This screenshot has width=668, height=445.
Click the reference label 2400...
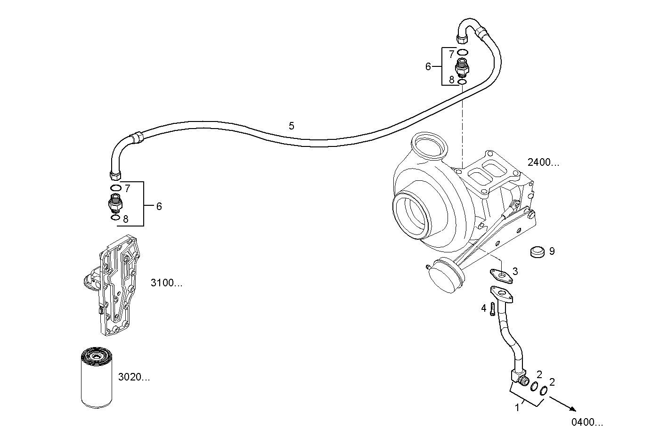pyautogui.click(x=543, y=163)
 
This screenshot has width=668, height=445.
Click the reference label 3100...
pyautogui.click(x=166, y=283)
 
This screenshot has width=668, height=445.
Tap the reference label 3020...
pyautogui.click(x=133, y=377)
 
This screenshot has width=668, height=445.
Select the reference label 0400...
pyautogui.click(x=587, y=422)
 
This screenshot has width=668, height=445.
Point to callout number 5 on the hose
pyautogui.click(x=291, y=126)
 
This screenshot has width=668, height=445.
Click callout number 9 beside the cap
pyautogui.click(x=552, y=251)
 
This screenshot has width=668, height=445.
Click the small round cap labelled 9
pyautogui.click(x=537, y=252)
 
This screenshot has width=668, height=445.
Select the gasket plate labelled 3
pyautogui.click(x=500, y=275)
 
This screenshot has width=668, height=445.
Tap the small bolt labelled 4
pyautogui.click(x=492, y=309)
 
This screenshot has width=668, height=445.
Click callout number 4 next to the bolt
pyautogui.click(x=483, y=308)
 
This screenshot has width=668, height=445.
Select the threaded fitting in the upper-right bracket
pyautogui.click(x=462, y=66)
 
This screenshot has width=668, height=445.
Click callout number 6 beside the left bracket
pyautogui.click(x=159, y=206)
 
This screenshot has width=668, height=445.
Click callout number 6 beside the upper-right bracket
pyautogui.click(x=428, y=67)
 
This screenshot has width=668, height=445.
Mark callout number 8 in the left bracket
pyautogui.click(x=125, y=219)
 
